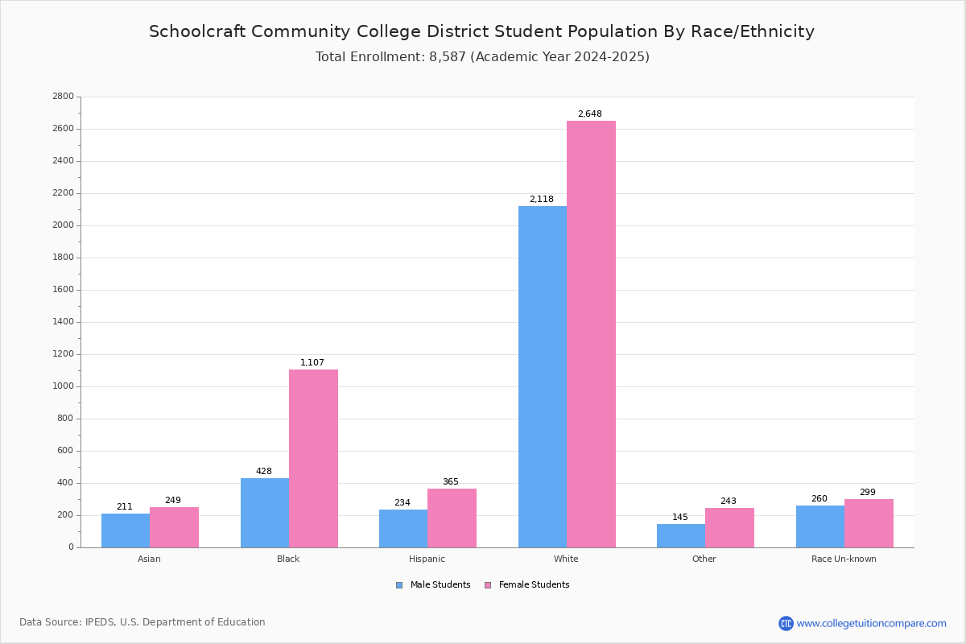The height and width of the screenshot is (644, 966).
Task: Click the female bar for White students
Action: [591, 334]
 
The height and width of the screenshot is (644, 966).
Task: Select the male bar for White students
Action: [542, 377]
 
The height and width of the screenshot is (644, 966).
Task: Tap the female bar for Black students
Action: [313, 458]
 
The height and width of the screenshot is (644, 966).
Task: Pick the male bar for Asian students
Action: [126, 530]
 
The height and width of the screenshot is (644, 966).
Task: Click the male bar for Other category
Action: [681, 536]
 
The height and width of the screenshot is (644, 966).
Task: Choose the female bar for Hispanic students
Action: [452, 518]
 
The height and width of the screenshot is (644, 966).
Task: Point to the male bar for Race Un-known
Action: [819, 526]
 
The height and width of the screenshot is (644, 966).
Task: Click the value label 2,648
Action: [589, 114]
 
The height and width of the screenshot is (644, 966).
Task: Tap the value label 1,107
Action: [312, 363]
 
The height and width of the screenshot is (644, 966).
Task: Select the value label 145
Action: [680, 518]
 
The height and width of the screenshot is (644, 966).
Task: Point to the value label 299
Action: [867, 493]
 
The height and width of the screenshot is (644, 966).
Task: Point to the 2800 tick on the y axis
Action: [63, 97]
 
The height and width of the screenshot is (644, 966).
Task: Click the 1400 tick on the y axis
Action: [63, 322]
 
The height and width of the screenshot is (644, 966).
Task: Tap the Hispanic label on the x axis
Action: [427, 559]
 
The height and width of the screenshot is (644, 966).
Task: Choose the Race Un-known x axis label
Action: [844, 559]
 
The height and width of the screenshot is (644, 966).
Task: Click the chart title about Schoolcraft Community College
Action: [481, 32]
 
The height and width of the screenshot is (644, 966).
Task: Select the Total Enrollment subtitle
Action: [482, 57]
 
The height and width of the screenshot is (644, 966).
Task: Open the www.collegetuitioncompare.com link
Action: [871, 623]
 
